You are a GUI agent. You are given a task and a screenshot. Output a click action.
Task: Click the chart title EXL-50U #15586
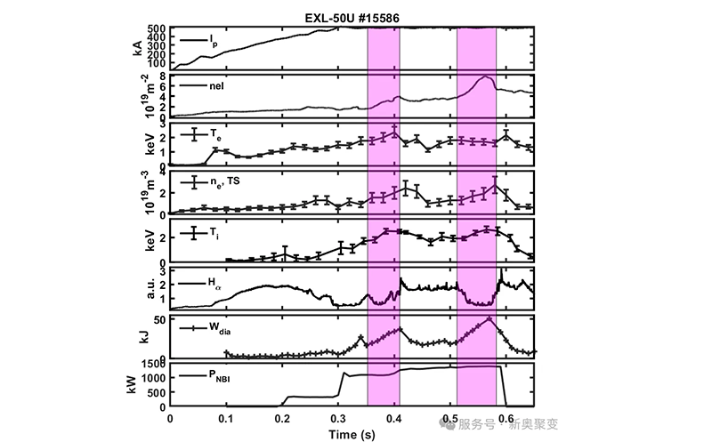352,15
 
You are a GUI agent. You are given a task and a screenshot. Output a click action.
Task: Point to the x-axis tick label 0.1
226,417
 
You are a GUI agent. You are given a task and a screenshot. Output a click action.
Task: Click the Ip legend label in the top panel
213,41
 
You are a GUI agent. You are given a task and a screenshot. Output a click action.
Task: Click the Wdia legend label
221,328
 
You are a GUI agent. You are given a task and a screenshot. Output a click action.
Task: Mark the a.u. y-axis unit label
135,290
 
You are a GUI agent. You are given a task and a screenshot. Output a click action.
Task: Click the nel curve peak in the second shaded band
484,77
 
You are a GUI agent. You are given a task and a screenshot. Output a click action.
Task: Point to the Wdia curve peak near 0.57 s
489,317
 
